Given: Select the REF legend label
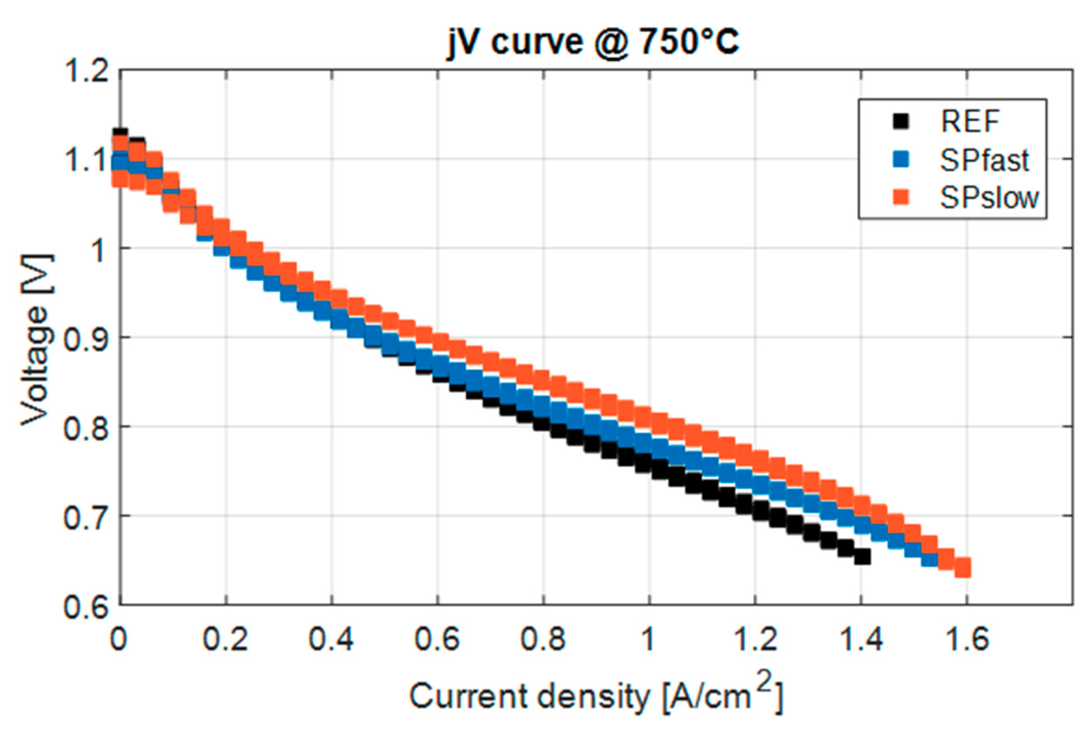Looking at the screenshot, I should click(970, 122).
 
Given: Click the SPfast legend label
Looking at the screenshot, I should click(984, 161).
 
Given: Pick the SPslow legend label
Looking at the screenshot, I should click(989, 198).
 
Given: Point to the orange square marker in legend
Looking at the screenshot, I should click(901, 197).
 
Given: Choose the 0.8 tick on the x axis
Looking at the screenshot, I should click(543, 639).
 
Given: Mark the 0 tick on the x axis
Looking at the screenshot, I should click(118, 639).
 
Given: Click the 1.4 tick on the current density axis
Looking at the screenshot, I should click(861, 639).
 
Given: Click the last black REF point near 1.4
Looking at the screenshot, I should click(862, 556).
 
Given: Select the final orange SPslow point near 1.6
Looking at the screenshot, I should click(962, 568).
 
